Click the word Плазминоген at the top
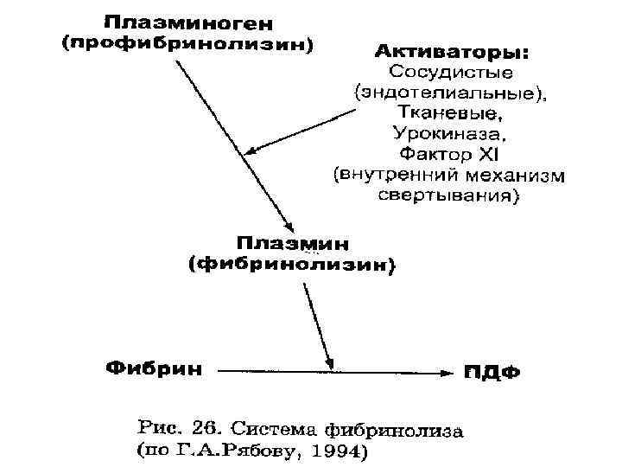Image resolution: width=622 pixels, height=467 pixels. [185, 20]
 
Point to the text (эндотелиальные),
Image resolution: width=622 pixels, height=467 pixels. [450, 92]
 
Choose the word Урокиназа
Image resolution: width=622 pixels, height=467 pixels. [449, 133]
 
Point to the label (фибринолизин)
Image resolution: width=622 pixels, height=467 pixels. [291, 265]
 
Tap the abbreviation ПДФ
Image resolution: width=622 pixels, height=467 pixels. [491, 373]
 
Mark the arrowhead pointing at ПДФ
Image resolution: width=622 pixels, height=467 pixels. [446, 372]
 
